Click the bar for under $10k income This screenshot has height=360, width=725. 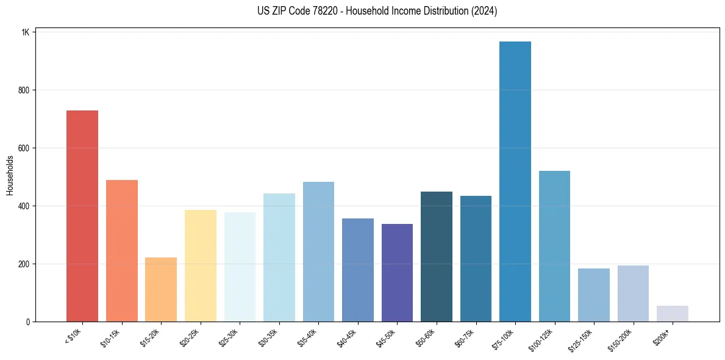tap(82, 216)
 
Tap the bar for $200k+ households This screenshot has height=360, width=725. tap(672, 314)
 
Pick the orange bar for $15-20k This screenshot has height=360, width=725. tap(161, 290)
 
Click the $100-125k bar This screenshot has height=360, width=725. tap(554, 247)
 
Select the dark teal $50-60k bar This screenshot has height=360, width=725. tap(437, 257)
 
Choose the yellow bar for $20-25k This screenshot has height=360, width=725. tap(200, 278)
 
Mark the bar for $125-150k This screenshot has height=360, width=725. tap(593, 295)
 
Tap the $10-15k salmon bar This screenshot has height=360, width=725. tap(121, 251)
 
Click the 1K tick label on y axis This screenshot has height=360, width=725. tap(25, 32)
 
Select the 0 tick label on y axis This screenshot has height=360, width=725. tap(27, 322)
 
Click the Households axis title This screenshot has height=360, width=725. tap(10, 175)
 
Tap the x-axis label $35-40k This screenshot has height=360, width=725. tap(310, 336)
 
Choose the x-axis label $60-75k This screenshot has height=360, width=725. tap(467, 336)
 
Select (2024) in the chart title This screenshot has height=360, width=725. tap(484, 11)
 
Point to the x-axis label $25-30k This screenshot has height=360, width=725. tap(231, 336)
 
